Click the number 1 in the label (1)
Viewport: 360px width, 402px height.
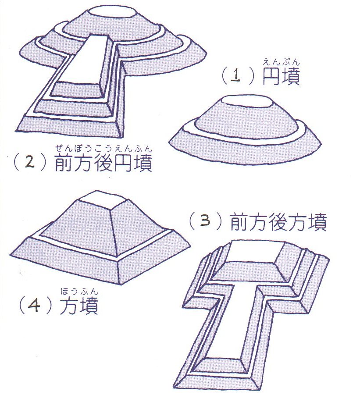pos(235,76)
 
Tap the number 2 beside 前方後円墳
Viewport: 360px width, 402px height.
pos(30,163)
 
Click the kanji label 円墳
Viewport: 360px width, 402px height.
pos(281,76)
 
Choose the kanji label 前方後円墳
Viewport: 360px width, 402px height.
pos(103,163)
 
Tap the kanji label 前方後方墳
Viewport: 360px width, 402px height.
pos(278,221)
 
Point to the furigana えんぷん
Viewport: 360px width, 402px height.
pos(281,62)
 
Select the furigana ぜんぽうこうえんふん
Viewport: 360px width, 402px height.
pos(103,149)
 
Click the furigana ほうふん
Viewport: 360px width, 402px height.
pos(79,292)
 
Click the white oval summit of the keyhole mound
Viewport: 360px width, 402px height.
pos(113,12)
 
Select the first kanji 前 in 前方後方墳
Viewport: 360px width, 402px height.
pos(239,221)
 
